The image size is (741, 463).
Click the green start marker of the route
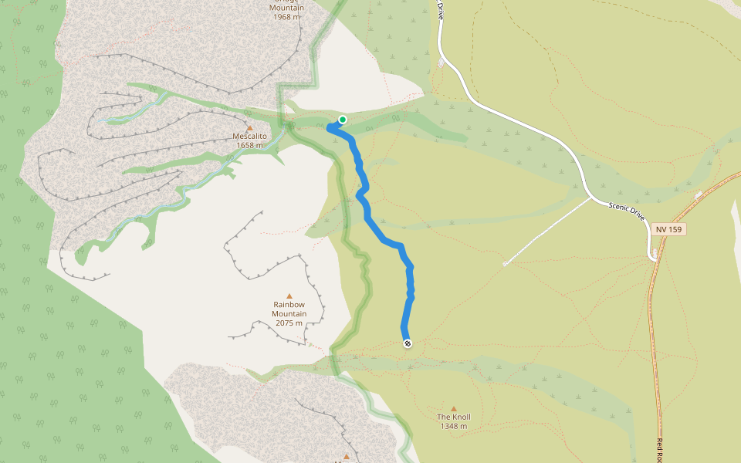[x=342, y=120]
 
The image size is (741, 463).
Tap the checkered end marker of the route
[x=408, y=343]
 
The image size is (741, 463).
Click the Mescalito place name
[x=249, y=136]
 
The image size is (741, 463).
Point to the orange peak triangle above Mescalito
[x=249, y=127]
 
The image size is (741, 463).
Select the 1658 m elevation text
[x=249, y=145]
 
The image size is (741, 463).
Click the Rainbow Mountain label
[x=289, y=309]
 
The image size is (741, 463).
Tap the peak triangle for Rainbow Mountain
[x=289, y=296]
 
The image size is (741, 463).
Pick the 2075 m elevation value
[x=289, y=323]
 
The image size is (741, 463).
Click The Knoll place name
[x=454, y=417]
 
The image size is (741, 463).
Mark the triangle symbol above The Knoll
[x=454, y=409]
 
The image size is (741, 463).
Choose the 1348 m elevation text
[x=454, y=426]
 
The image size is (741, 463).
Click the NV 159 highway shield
[x=668, y=230]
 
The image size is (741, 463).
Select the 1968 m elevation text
[x=286, y=16]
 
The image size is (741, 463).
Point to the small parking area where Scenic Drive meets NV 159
[x=655, y=254]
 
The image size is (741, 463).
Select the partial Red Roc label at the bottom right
[x=661, y=450]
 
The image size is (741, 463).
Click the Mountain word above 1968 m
[x=286, y=8]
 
